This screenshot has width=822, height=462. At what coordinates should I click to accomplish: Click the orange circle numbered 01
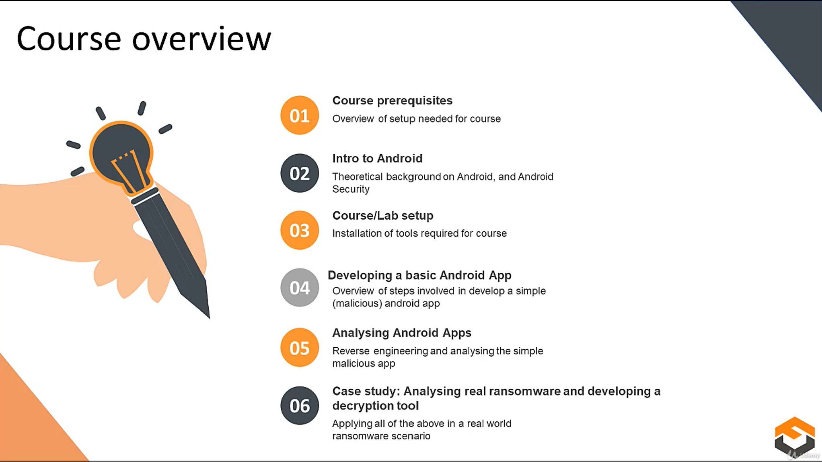[x=300, y=115]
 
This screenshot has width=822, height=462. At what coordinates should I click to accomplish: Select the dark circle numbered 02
[x=300, y=173]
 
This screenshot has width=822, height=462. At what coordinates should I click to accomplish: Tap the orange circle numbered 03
[x=300, y=230]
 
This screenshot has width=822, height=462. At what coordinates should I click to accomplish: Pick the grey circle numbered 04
[x=300, y=288]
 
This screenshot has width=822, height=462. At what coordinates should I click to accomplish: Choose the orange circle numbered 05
[x=300, y=348]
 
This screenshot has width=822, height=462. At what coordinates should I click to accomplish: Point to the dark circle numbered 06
[x=300, y=405]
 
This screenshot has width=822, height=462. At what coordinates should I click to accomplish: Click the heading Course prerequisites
[x=392, y=101]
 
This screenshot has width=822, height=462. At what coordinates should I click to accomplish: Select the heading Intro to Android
[x=377, y=159]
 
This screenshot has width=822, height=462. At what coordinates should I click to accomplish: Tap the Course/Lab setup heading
[x=382, y=216]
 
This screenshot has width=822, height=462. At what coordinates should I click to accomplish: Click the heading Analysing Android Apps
[x=401, y=333]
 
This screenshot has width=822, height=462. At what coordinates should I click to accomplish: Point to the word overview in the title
[x=201, y=39]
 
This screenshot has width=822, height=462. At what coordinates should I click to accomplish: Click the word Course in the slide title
[x=69, y=39]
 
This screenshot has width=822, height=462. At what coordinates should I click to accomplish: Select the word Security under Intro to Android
[x=351, y=189]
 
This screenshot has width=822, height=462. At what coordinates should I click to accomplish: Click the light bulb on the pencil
[x=121, y=155]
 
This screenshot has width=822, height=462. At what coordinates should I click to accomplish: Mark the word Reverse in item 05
[x=351, y=351]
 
